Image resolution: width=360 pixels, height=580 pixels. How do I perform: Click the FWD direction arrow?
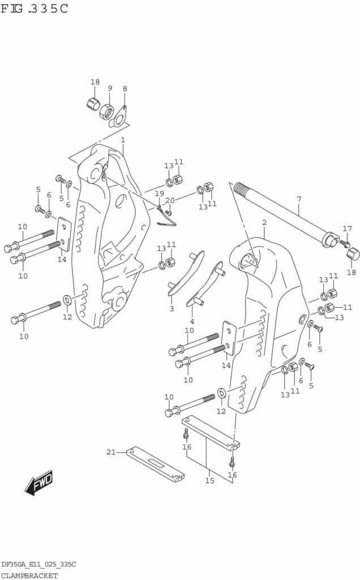[38, 483]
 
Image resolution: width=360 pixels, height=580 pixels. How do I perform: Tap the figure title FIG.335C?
[35, 9]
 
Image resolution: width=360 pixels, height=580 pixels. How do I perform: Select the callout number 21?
[111, 451]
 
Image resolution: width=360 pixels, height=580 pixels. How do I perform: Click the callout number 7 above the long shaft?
[299, 199]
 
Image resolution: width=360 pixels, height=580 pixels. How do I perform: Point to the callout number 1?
[122, 139]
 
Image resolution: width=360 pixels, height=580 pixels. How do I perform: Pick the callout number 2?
[264, 222]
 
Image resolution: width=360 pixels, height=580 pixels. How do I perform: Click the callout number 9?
[110, 88]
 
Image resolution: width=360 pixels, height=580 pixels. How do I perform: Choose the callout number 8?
[125, 88]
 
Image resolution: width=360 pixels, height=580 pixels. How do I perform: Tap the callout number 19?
[160, 193]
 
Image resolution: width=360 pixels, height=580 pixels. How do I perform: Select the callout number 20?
[170, 200]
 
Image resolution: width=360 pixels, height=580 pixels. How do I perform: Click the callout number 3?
[172, 309]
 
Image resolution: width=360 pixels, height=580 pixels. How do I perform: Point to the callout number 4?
[192, 322]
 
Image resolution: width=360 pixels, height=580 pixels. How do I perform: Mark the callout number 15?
[209, 480]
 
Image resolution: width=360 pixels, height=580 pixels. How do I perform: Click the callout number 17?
[347, 229]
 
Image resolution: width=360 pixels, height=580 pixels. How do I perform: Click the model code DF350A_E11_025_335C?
[38, 565]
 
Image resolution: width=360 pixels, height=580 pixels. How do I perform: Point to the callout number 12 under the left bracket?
[67, 317]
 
